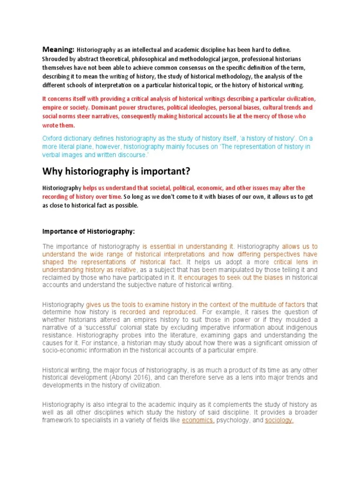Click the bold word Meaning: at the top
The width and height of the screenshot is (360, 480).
[x=59, y=49]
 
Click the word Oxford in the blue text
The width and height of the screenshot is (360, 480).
[x=53, y=138]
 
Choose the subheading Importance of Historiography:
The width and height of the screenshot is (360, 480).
[x=89, y=231]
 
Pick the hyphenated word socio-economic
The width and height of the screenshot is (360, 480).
[x=65, y=350]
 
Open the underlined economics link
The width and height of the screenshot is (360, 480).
[x=198, y=420]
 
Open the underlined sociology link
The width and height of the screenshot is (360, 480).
[x=279, y=420]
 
